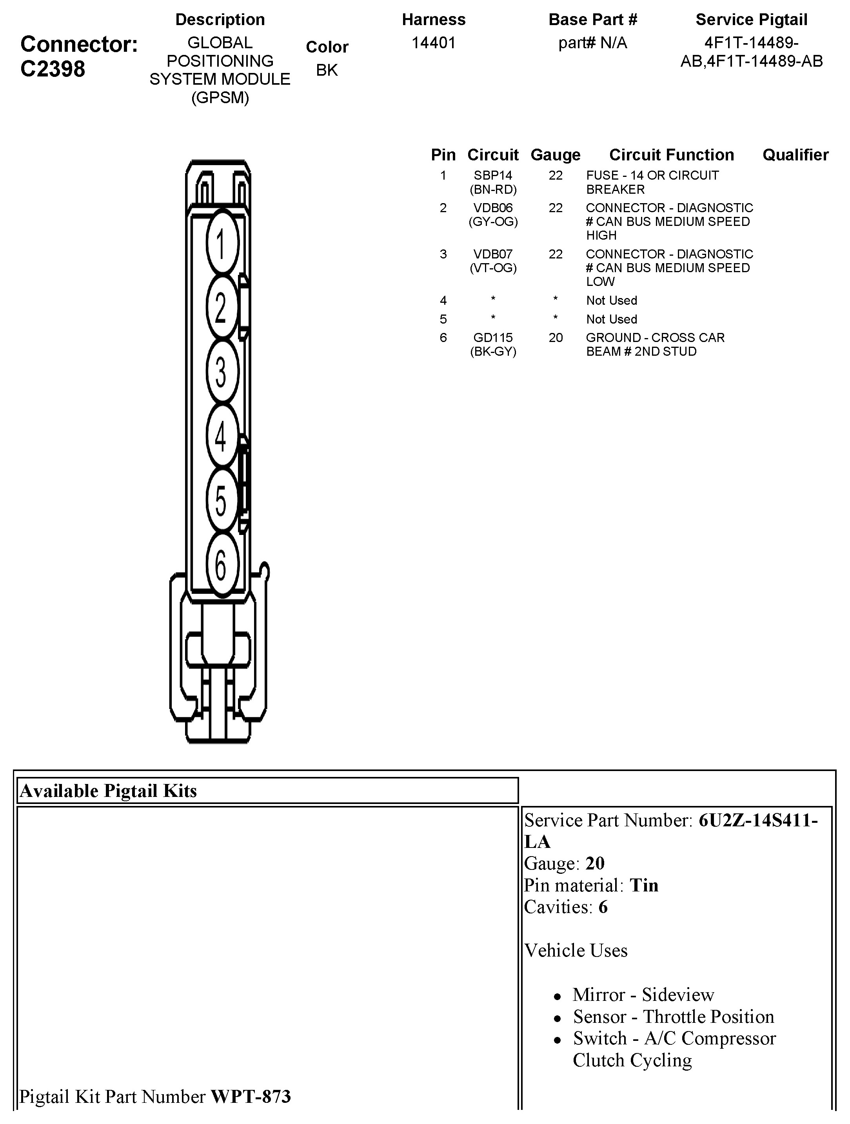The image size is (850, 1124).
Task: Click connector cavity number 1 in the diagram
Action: pyautogui.click(x=222, y=244)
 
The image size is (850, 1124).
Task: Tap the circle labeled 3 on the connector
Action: pyautogui.click(x=222, y=371)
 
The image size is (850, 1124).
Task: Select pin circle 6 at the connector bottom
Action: pyautogui.click(x=222, y=564)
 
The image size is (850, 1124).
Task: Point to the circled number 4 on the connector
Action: pyautogui.click(x=222, y=435)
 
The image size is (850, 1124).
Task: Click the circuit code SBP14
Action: pyautogui.click(x=493, y=176)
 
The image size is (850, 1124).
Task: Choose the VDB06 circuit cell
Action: pyautogui.click(x=493, y=208)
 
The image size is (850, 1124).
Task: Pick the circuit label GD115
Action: pyautogui.click(x=493, y=338)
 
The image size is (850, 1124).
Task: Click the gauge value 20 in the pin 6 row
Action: pyautogui.click(x=555, y=338)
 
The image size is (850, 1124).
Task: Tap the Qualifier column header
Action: pyautogui.click(x=795, y=155)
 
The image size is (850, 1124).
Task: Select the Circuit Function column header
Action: pyautogui.click(x=671, y=155)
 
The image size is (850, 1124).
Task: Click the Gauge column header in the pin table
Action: pyautogui.click(x=555, y=155)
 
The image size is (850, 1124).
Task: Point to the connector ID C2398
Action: pyautogui.click(x=53, y=69)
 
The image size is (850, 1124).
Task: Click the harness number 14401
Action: pyautogui.click(x=433, y=43)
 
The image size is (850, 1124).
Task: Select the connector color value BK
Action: pyautogui.click(x=327, y=70)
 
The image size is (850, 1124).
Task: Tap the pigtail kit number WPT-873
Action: pyautogui.click(x=251, y=1097)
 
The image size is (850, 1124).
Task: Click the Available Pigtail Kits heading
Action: pyautogui.click(x=108, y=791)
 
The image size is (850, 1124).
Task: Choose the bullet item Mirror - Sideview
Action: pyautogui.click(x=643, y=995)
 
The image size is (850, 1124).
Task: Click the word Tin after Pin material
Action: pyautogui.click(x=644, y=885)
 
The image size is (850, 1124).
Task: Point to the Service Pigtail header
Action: pyautogui.click(x=751, y=20)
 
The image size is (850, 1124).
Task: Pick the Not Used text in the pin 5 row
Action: pyautogui.click(x=611, y=320)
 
